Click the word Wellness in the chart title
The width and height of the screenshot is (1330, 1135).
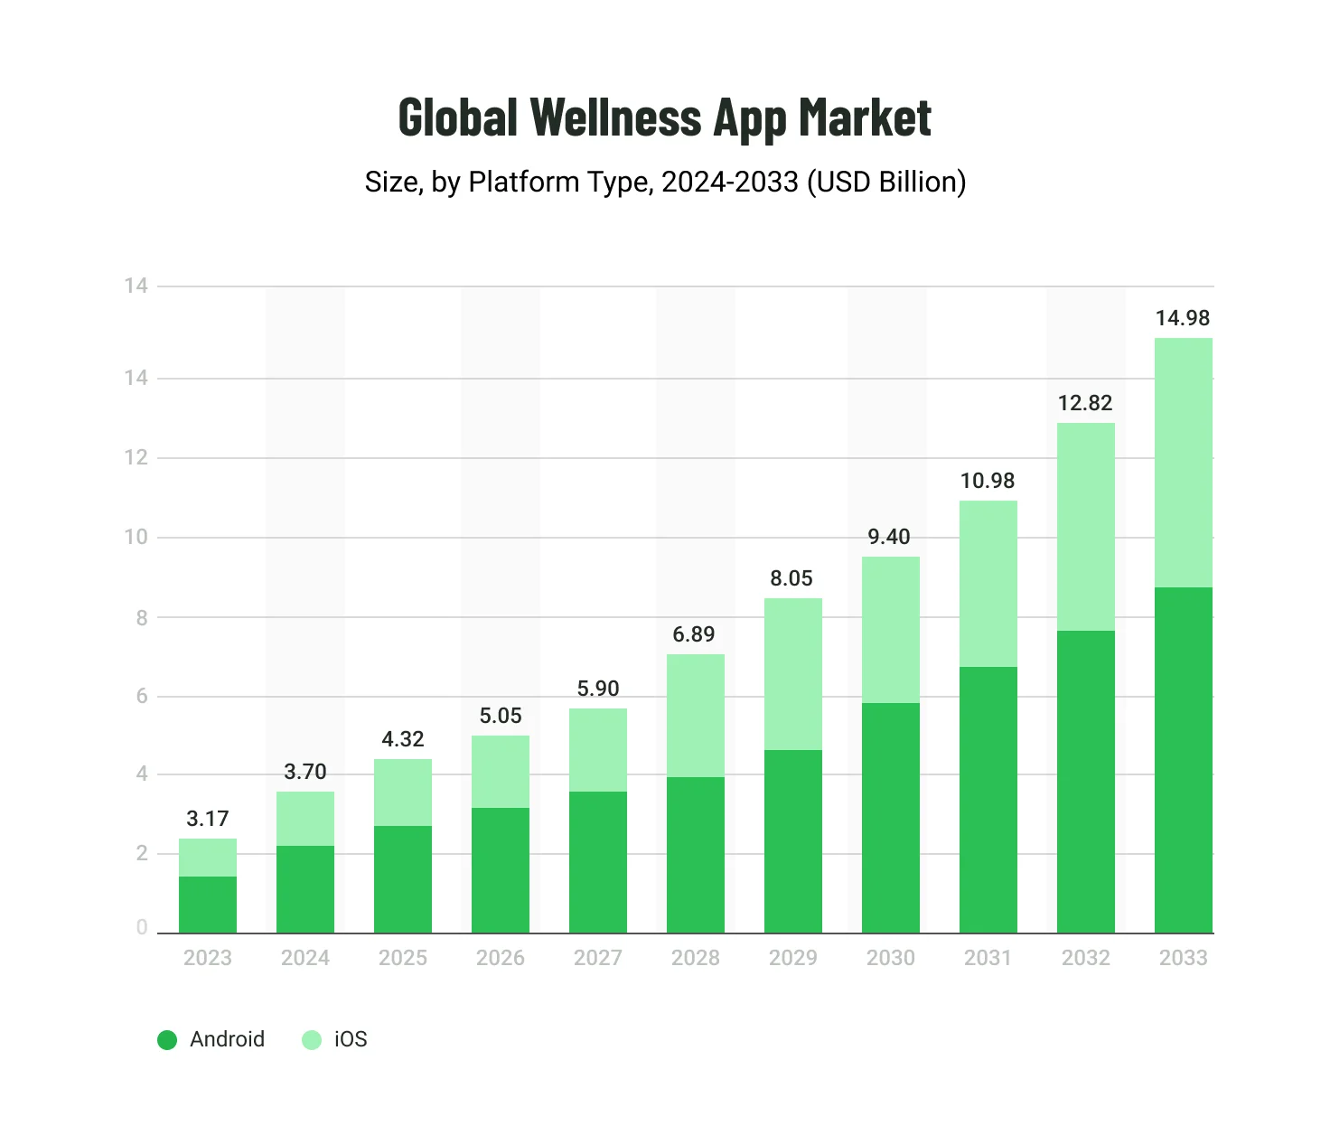[x=615, y=117]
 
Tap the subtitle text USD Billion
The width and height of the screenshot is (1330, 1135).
[x=885, y=182]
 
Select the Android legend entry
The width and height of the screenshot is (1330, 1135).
[x=211, y=1039]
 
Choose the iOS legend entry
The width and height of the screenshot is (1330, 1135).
[x=335, y=1039]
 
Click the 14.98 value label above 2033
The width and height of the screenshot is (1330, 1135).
[x=1182, y=318]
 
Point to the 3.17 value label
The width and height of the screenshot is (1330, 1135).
[x=207, y=819]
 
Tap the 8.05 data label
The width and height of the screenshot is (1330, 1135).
[x=791, y=578]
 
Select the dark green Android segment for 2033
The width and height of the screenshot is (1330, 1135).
[x=1183, y=759]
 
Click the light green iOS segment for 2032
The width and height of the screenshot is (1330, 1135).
[x=1085, y=527]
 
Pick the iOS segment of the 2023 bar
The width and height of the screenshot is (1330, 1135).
[x=207, y=858]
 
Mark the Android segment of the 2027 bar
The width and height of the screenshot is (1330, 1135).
[x=597, y=862]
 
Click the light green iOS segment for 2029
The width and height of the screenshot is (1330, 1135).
[x=792, y=674]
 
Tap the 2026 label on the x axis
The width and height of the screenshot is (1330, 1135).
[x=500, y=958]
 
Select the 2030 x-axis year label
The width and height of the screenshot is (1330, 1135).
[x=890, y=958]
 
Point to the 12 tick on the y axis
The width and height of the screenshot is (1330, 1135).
[x=136, y=457]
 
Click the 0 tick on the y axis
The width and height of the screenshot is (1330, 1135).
[x=142, y=927]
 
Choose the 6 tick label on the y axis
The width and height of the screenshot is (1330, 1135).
[x=142, y=696]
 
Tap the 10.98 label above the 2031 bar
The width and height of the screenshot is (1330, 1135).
[x=987, y=481]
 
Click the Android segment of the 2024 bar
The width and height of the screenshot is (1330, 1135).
[x=304, y=889]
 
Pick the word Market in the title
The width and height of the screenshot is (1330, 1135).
[x=865, y=117]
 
